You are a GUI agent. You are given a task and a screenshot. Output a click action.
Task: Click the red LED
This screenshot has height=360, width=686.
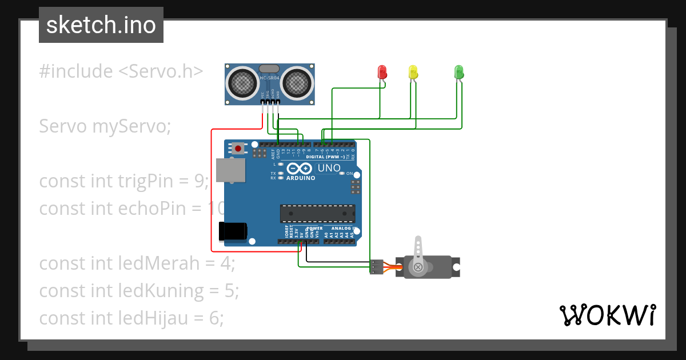point(382,72)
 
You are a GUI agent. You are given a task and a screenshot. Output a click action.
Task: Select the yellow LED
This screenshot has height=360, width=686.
point(413,72)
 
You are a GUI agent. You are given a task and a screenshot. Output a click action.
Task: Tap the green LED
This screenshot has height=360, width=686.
point(458,72)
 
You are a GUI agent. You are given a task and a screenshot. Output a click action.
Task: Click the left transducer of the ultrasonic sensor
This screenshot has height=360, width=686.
point(242,82)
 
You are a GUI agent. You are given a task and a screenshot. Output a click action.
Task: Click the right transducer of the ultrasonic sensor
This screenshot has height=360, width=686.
point(296,82)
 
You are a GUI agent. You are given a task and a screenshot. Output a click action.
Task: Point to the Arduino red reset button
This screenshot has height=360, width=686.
point(238,149)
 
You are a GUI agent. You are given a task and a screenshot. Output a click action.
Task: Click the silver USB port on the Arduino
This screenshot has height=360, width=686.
point(231,170)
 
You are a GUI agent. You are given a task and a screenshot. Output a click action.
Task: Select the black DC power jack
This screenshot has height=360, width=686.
point(233,231)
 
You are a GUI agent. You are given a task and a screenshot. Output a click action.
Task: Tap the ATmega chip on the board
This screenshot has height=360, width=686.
point(317,213)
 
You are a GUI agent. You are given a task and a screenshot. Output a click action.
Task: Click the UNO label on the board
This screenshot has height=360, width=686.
point(329,168)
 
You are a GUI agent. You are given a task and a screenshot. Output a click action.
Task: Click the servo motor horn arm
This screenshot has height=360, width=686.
point(418,251)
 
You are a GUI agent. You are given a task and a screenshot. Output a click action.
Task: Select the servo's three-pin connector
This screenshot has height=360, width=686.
point(376,267)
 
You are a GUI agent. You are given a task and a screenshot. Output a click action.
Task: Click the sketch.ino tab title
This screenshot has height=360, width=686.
point(101,25)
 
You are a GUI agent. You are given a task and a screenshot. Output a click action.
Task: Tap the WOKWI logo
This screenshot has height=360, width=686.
point(607,315)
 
